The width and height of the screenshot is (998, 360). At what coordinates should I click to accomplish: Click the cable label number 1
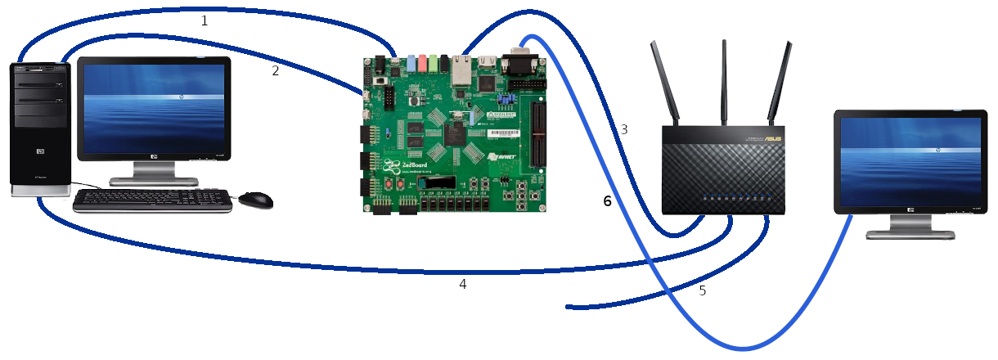[205, 21]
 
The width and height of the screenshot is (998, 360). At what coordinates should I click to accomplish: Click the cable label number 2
[276, 71]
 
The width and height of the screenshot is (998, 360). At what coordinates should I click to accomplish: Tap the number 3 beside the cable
[624, 129]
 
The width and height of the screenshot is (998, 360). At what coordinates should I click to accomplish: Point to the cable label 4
[463, 284]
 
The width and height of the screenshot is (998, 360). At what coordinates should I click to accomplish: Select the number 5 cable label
[702, 290]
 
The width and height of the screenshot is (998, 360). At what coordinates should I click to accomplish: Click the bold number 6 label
[607, 201]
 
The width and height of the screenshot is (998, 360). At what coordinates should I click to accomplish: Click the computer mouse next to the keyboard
[255, 200]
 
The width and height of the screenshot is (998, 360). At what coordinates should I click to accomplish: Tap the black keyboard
[152, 200]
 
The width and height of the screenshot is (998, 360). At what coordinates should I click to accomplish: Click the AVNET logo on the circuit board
[504, 155]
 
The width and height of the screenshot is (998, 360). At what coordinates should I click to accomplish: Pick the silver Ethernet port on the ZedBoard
[463, 71]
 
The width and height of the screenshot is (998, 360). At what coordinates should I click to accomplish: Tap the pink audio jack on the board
[422, 63]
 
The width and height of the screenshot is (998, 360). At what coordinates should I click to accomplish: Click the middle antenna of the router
[724, 82]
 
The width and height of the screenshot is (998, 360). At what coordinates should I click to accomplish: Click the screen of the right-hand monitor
[909, 160]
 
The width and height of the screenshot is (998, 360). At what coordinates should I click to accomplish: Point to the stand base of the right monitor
[910, 234]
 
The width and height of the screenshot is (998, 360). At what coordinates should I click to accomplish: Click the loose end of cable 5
[569, 308]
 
